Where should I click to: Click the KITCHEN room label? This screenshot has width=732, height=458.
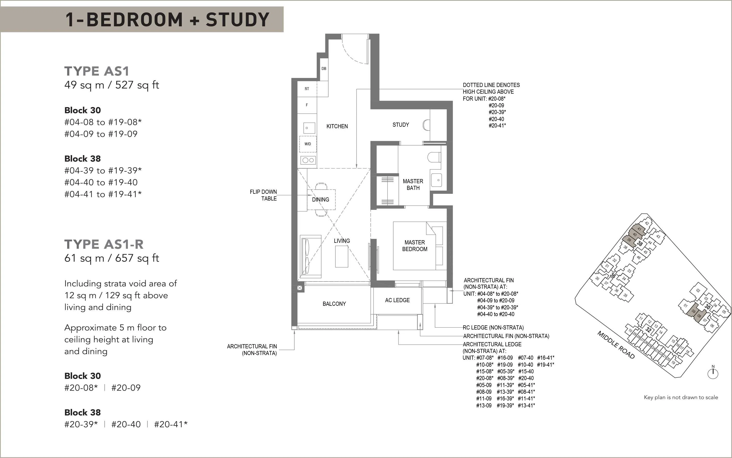coord(337,126)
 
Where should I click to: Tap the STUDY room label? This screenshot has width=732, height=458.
coord(401,125)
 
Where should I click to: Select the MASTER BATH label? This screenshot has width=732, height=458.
coord(413,184)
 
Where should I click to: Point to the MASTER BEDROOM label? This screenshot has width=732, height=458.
coord(415,246)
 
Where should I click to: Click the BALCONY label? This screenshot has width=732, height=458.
coord(334,304)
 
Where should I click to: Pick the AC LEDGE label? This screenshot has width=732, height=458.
coord(397,300)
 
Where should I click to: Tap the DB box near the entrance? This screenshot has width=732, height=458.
coord(324,69)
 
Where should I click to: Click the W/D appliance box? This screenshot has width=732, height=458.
coord(308,144)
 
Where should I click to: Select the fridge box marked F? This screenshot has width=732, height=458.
coord(307,105)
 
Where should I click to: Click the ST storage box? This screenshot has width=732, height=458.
coord(307,89)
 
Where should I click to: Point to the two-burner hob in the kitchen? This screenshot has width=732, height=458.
coord(308,160)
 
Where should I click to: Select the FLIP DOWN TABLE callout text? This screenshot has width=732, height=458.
coord(263,195)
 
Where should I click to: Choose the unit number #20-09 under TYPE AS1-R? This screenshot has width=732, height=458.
coord(126,388)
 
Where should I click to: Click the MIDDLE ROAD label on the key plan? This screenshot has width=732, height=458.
coord(616,345)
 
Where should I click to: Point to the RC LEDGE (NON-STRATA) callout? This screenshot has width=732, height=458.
coord(493,327)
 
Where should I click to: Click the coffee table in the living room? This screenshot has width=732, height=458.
coord(342,256)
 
